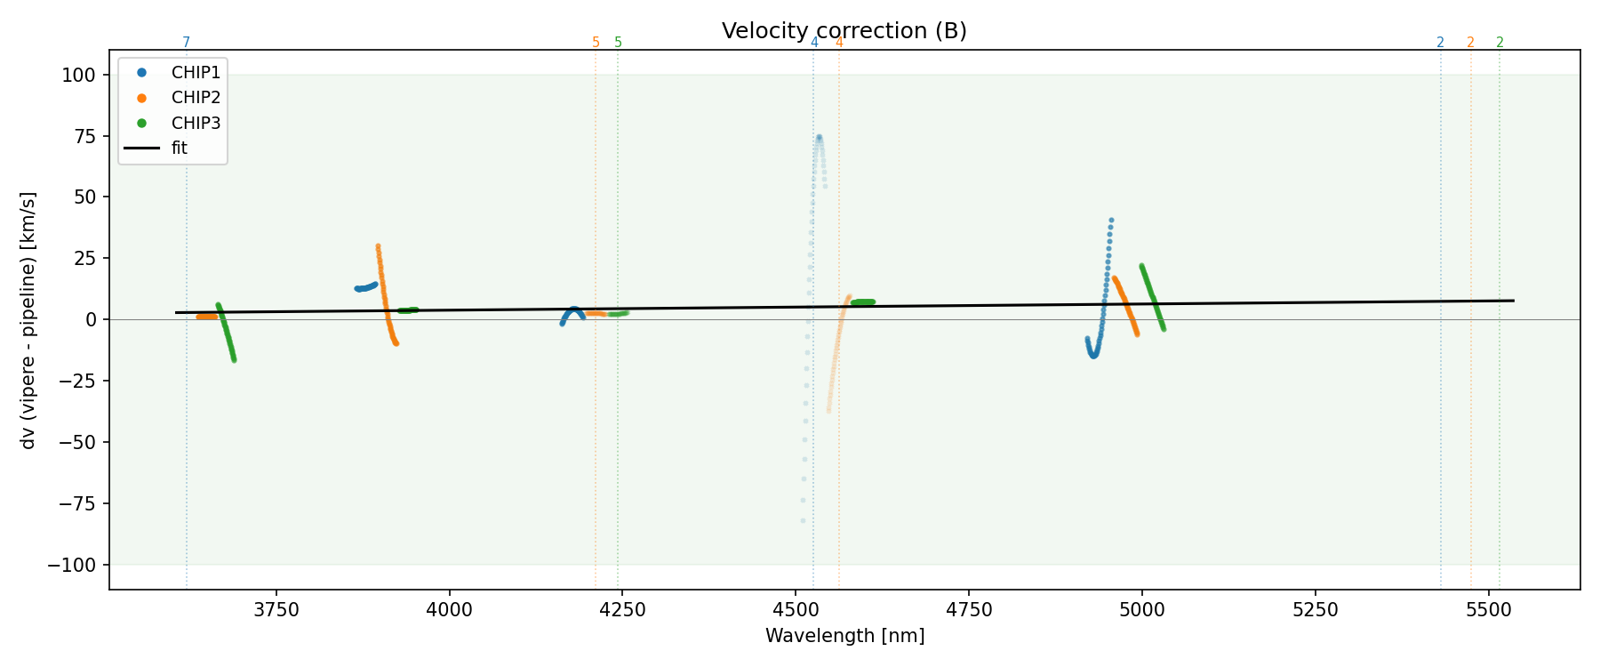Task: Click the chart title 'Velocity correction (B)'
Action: pos(844,31)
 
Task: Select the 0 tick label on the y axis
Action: pos(91,320)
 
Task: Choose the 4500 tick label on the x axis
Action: pos(796,610)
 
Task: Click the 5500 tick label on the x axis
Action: pos(1488,610)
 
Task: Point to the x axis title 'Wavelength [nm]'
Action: pos(844,636)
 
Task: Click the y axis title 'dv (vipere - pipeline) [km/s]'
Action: pos(28,320)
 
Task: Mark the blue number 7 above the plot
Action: pos(186,43)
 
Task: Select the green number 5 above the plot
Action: pos(619,43)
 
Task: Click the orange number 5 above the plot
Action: pos(596,43)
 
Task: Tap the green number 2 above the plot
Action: pos(1500,43)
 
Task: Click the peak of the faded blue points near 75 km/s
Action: pos(819,137)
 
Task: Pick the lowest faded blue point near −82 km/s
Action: pos(803,521)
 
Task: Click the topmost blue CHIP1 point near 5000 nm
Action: pos(1111,220)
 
